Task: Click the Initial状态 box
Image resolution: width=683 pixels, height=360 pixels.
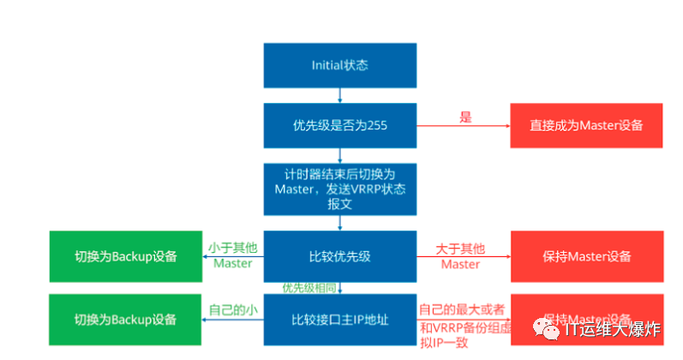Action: (x=339, y=65)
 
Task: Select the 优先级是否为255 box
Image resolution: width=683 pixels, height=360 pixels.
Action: (x=339, y=125)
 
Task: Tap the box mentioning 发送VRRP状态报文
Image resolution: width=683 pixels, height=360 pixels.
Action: (x=339, y=189)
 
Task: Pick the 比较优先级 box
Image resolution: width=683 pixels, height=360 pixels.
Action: (x=339, y=255)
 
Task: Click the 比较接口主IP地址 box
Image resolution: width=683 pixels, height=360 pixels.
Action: (x=339, y=320)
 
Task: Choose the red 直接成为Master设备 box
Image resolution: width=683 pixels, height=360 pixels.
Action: (x=586, y=125)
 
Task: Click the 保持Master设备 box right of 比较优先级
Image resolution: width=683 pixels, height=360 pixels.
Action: (x=586, y=255)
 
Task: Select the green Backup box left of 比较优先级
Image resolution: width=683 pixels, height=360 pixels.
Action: (x=125, y=255)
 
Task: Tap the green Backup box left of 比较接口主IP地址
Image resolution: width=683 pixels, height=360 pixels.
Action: (x=125, y=320)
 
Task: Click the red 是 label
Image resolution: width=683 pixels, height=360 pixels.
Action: (x=465, y=117)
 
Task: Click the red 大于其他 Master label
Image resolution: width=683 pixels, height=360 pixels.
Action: (x=460, y=255)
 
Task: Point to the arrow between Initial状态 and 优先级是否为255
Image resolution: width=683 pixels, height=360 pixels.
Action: (x=340, y=95)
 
